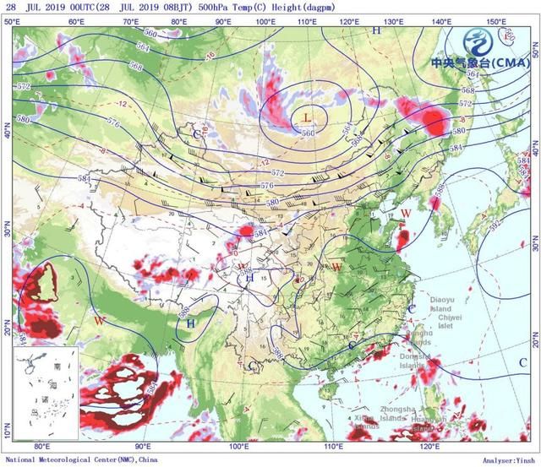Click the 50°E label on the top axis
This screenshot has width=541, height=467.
[13, 20]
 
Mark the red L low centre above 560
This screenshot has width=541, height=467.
[307, 118]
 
